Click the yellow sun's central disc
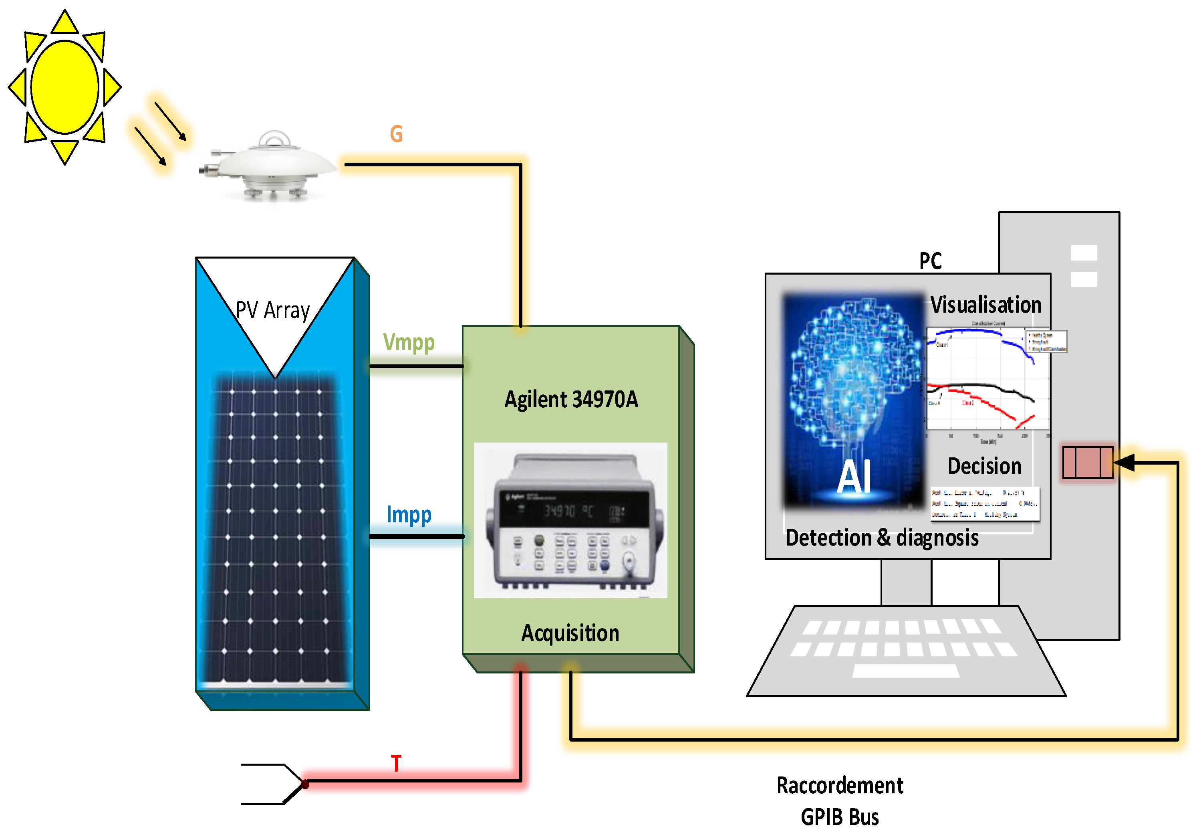[65, 87]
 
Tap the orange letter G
[396, 134]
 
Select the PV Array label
[272, 310]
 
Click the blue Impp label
[409, 515]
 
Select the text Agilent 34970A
[571, 400]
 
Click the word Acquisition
[570, 633]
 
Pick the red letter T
[396, 764]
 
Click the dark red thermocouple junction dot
[306, 784]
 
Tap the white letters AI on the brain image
[854, 477]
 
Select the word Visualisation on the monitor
[985, 305]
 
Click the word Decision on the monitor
[984, 466]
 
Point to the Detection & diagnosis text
[882, 538]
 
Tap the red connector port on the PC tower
[1088, 462]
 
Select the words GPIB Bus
[840, 817]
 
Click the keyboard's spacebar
[905, 671]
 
